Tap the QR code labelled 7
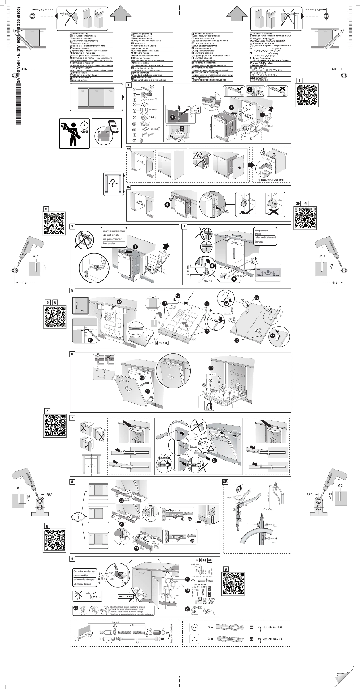(55, 426)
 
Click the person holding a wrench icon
(74, 133)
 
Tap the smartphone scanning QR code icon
(107, 133)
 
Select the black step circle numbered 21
(214, 460)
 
